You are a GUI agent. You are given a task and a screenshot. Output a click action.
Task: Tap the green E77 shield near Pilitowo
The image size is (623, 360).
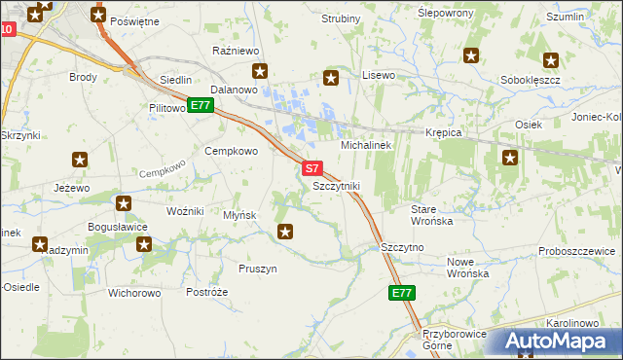point(201,105)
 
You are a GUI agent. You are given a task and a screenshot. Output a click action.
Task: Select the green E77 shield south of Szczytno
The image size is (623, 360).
point(402,293)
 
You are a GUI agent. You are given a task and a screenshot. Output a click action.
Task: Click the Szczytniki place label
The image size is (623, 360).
point(337,185)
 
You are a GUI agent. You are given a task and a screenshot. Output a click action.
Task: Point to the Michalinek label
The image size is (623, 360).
point(365,145)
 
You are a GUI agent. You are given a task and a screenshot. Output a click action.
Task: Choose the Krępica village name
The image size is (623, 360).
point(442,131)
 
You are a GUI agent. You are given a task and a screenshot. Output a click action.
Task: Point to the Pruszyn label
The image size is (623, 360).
point(258,268)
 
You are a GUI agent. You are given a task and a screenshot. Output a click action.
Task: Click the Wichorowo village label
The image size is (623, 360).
point(134,292)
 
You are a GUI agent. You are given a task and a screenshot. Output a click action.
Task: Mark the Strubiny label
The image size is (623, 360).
point(342,18)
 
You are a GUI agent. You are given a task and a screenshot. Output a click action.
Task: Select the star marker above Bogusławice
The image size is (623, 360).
point(124,203)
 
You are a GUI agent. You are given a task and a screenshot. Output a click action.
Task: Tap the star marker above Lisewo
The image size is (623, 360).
point(331,78)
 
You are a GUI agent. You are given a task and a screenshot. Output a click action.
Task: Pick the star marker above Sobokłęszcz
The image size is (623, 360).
point(551,60)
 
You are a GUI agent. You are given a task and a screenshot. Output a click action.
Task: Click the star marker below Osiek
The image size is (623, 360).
point(509,158)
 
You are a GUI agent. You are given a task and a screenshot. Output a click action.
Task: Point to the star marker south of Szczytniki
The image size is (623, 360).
point(285,231)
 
